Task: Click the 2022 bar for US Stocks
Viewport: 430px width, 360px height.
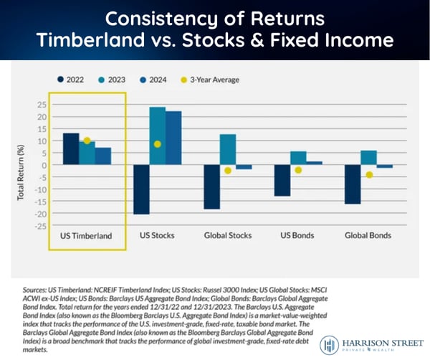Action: [141, 189]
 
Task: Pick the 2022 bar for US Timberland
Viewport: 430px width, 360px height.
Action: [71, 149]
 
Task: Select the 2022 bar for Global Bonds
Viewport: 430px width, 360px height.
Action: [352, 184]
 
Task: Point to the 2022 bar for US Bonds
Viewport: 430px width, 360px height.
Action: [282, 181]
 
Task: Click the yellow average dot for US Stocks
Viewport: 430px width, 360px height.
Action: [158, 144]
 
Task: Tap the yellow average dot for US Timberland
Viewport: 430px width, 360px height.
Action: [87, 141]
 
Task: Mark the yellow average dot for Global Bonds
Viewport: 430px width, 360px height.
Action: [369, 175]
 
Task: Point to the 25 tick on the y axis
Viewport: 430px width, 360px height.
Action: [42, 105]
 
